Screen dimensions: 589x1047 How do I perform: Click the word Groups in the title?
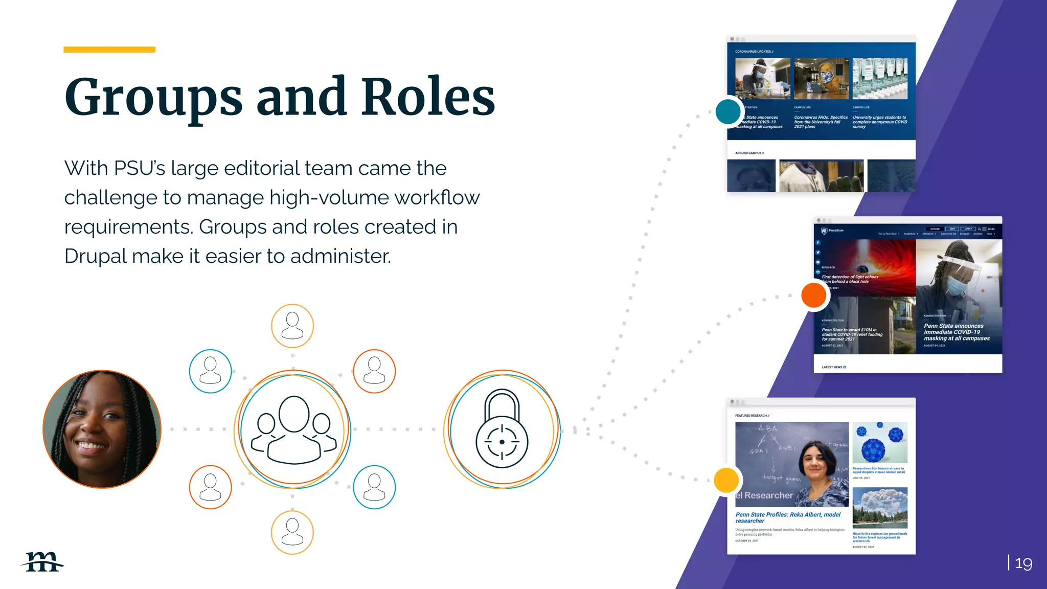pos(153,97)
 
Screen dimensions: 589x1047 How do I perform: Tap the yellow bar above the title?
pos(109,50)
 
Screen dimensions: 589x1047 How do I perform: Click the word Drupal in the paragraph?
pos(95,256)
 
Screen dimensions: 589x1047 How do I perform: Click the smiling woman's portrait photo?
pos(102,429)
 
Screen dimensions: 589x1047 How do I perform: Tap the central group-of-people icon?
pos(293,429)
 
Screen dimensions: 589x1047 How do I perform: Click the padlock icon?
pos(502,429)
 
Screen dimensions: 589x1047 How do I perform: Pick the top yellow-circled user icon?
pos(292,326)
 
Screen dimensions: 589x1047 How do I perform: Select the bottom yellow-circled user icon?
pos(292,532)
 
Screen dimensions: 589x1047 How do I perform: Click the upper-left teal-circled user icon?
pos(210,371)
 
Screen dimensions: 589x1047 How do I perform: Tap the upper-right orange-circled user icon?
pos(374,371)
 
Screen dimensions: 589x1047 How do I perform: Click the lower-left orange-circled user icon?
pos(210,487)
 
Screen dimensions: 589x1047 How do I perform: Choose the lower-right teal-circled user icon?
pos(374,487)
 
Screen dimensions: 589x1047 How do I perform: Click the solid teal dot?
pos(728,111)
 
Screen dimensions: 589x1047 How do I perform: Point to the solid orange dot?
pos(814,295)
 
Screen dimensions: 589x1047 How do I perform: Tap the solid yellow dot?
pos(726,480)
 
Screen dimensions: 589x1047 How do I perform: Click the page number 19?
pos(1023,563)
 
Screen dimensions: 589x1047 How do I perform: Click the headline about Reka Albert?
pos(787,517)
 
